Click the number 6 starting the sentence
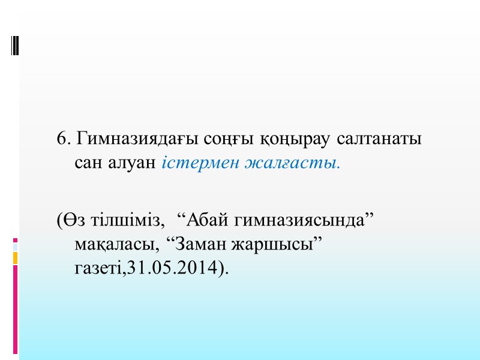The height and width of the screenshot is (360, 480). (x=62, y=139)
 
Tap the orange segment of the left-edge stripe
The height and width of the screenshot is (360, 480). (x=16, y=257)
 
